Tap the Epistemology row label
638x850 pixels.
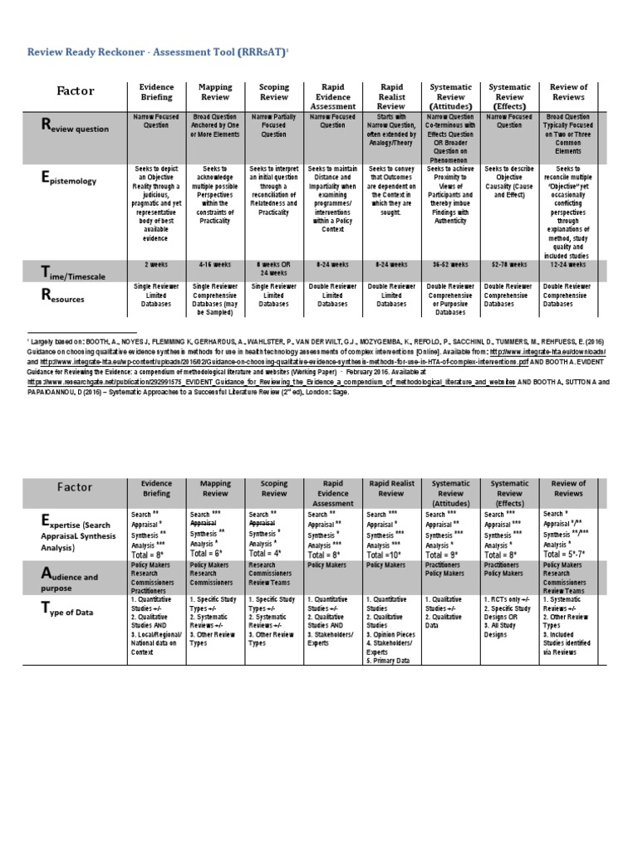pyautogui.click(x=70, y=178)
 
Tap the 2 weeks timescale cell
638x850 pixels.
pyautogui.click(x=156, y=265)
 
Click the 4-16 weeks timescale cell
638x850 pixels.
pyautogui.click(x=214, y=265)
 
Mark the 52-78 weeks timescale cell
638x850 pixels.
pyautogui.click(x=508, y=265)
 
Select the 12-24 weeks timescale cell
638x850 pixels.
pyautogui.click(x=568, y=265)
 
